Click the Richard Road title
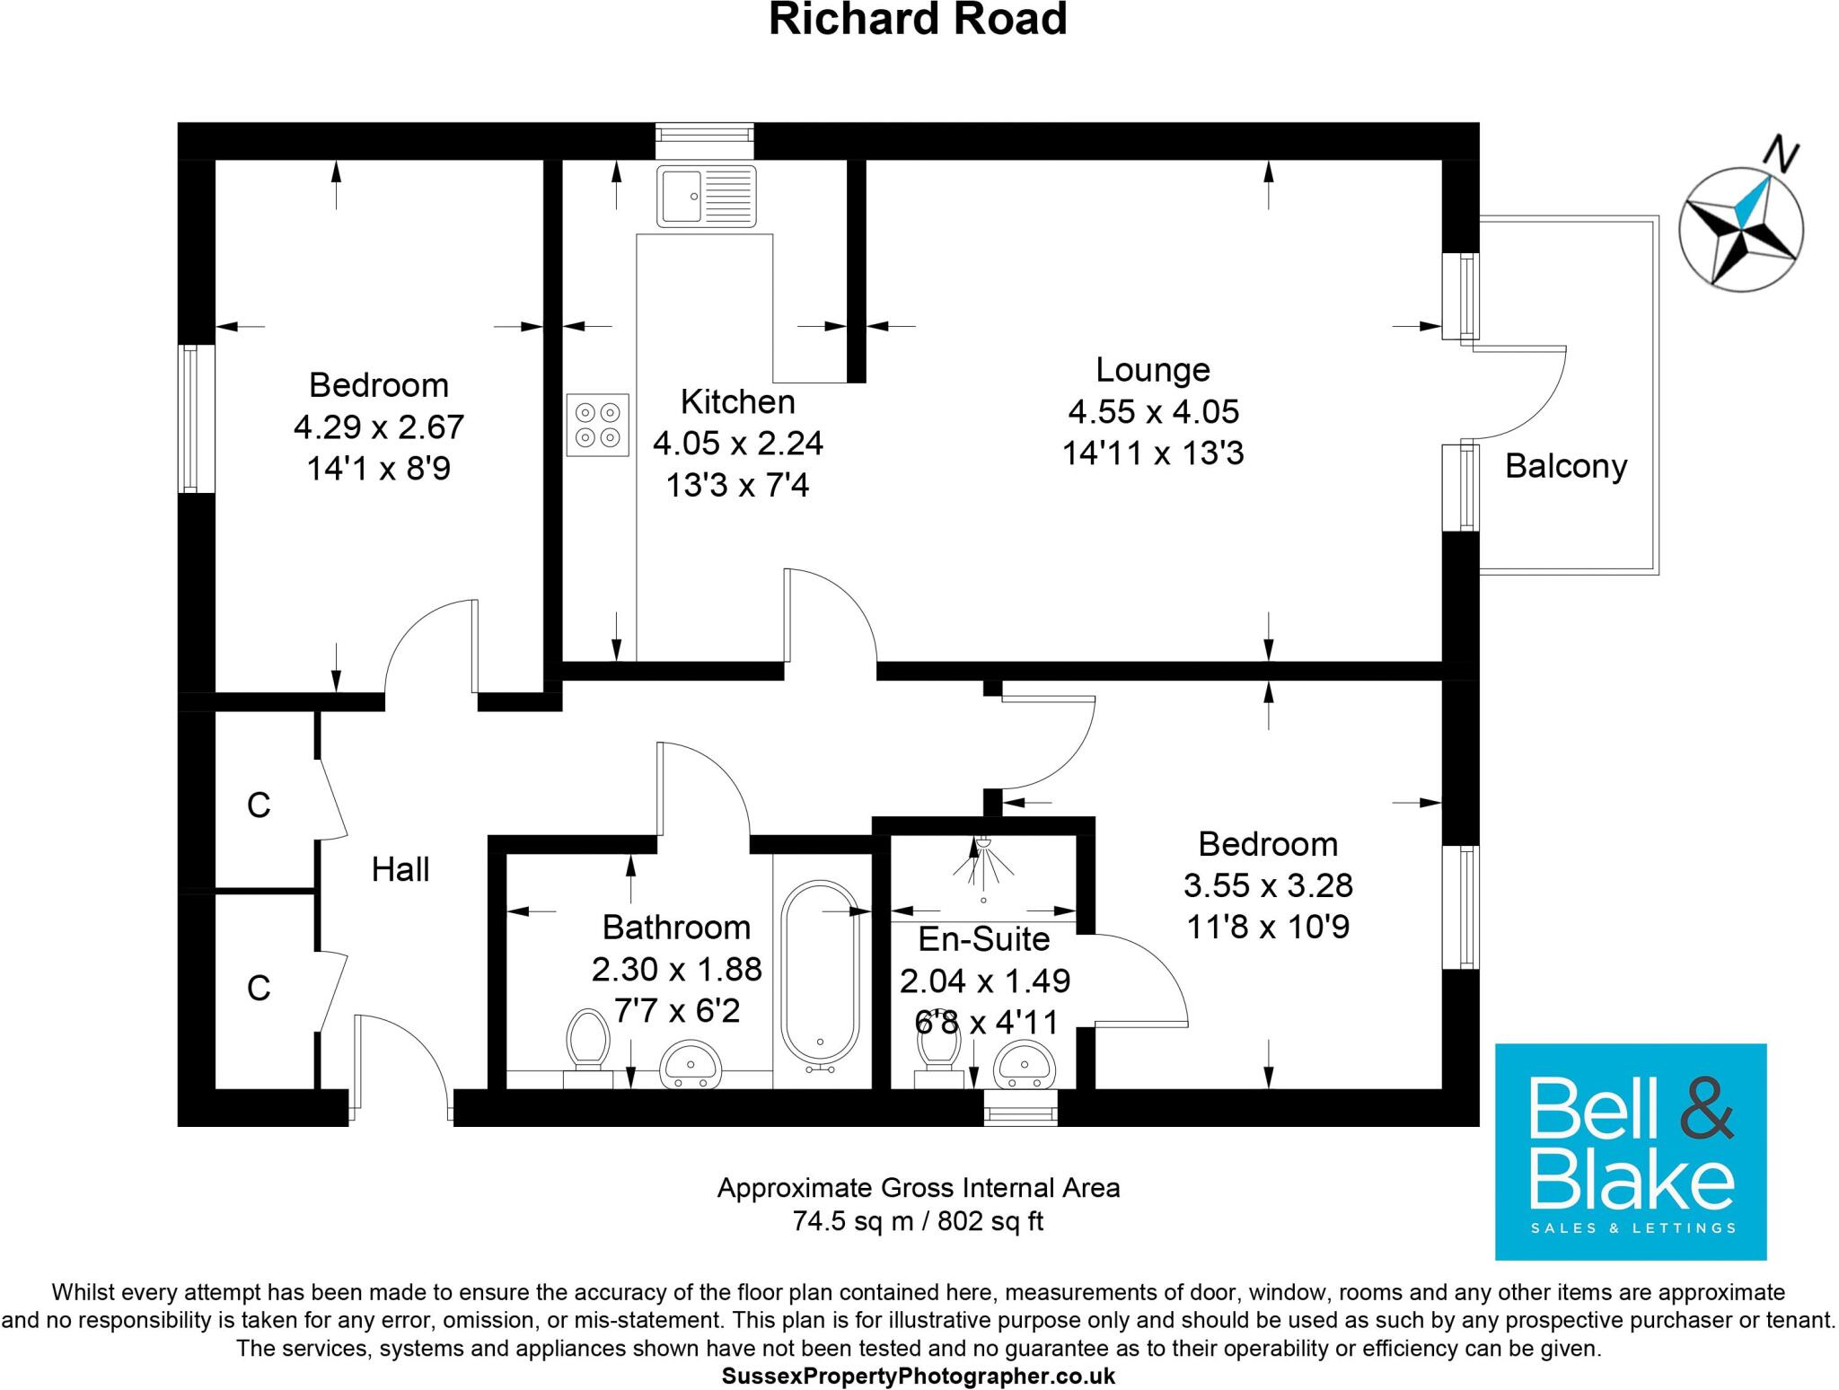(918, 20)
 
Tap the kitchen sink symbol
(706, 196)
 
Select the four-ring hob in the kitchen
(597, 425)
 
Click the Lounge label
(1153, 370)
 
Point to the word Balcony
(1566, 466)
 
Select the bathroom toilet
(588, 1042)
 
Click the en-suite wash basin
(1026, 1063)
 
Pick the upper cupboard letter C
(259, 805)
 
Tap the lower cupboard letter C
(259, 989)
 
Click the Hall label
(400, 869)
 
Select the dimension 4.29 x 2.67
(378, 427)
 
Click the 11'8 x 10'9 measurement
(1267, 927)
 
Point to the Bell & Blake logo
(1630, 1151)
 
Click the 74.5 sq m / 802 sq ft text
(918, 1221)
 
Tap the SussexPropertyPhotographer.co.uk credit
(918, 1376)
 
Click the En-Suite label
(984, 939)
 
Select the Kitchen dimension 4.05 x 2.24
(737, 443)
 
